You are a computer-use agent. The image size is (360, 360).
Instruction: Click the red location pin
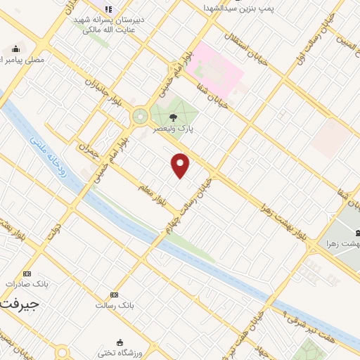181,166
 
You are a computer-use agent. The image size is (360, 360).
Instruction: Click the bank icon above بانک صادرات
27,273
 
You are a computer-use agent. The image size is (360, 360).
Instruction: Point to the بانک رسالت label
114,306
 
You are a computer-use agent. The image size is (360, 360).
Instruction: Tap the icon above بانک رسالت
114,295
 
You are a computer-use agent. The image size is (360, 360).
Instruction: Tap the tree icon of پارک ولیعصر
173,118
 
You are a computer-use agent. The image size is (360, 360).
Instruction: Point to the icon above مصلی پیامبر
15,49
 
